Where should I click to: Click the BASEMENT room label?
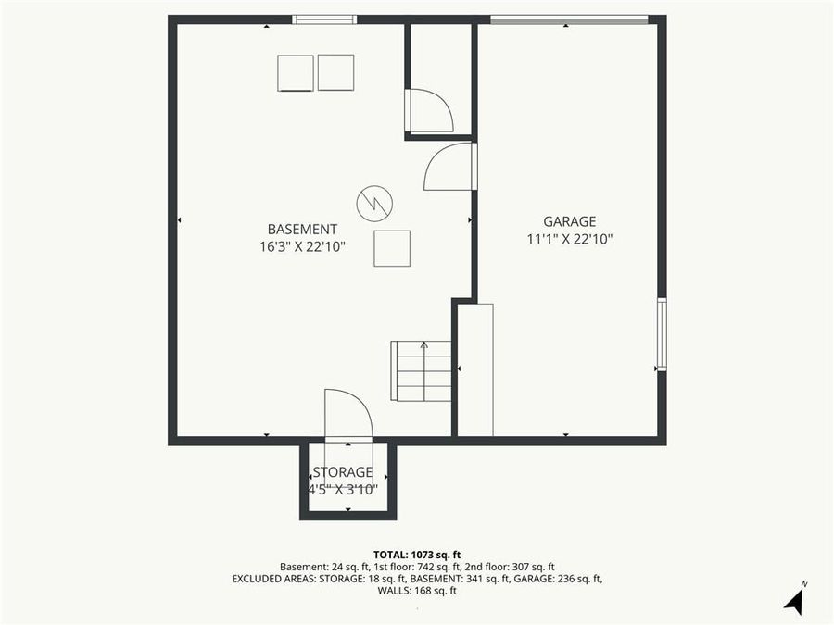point(302,229)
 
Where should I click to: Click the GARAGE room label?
point(569,221)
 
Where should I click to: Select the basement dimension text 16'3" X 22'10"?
point(302,246)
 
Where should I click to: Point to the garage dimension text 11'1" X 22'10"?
point(569,239)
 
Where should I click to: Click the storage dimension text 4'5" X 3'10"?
point(343,490)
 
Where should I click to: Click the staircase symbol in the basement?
point(423,370)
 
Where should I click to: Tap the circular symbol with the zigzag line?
point(374,203)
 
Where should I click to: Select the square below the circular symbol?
point(392,248)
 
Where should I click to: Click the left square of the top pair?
point(296,73)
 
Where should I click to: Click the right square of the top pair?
point(335,72)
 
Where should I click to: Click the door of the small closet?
point(428,111)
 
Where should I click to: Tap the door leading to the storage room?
point(347,414)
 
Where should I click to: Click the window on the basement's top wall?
point(324,19)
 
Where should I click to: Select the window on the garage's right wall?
point(661,334)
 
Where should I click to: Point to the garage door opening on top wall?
point(568,19)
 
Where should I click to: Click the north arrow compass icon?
point(793,599)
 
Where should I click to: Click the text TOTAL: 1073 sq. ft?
point(416,553)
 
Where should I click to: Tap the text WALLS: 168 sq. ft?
point(416,591)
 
